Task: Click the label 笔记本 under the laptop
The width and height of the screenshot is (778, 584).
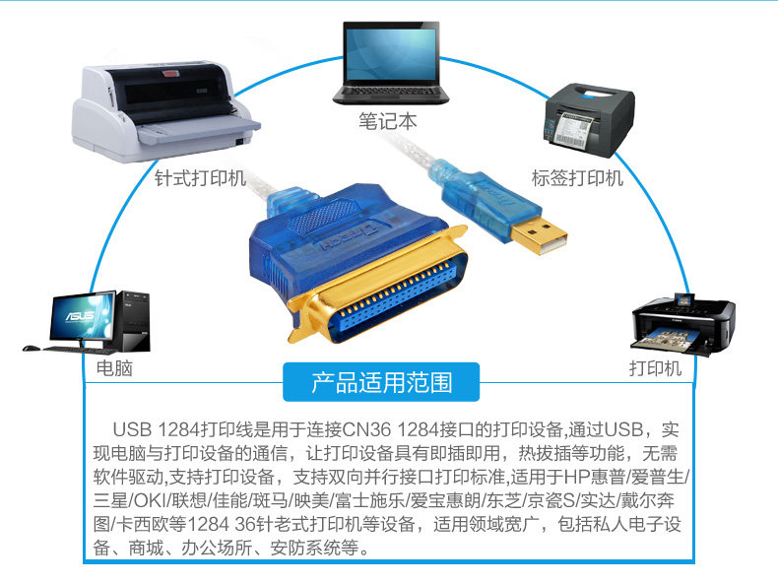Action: (388, 121)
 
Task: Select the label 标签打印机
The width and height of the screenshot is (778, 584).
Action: (577, 178)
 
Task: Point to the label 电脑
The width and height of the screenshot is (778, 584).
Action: (114, 368)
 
